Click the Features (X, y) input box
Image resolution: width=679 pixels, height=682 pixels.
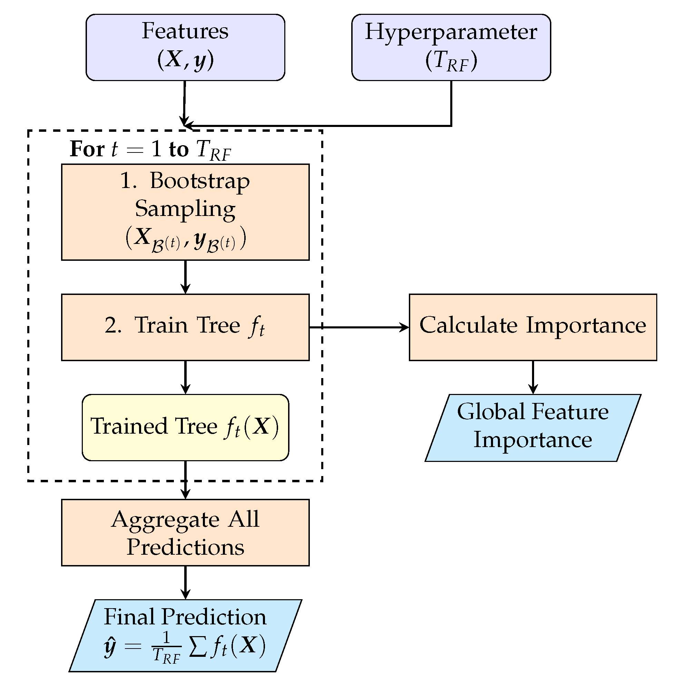tap(185, 47)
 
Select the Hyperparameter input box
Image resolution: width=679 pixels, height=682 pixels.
tap(451, 47)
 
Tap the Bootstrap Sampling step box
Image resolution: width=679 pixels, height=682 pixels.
tap(185, 212)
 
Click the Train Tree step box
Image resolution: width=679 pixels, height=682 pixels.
tap(185, 327)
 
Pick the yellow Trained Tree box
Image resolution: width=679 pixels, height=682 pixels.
tap(185, 427)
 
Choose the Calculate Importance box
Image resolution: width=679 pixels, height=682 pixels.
tap(532, 327)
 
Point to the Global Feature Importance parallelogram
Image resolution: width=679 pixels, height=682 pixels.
tap(532, 427)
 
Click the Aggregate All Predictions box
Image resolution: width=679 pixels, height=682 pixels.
tap(185, 532)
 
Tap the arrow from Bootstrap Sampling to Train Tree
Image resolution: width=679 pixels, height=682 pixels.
tap(185, 277)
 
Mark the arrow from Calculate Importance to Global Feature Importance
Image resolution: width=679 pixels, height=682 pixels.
tap(533, 377)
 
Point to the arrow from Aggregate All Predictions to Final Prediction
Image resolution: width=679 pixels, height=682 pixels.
tap(185, 582)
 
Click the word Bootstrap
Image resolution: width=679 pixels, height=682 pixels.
tap(199, 181)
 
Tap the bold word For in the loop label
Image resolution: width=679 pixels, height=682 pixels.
tap(87, 149)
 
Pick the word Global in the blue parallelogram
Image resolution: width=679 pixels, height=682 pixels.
tap(491, 412)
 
